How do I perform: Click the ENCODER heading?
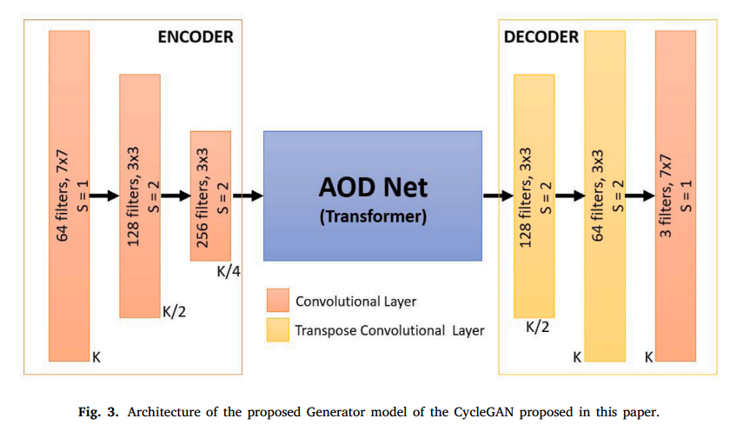point(195,37)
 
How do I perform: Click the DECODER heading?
point(541,37)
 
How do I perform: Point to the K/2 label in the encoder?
point(174,312)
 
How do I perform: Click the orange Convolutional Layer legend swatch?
point(277,302)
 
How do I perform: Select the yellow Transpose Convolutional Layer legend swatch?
point(277,329)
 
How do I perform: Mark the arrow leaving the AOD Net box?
point(497,196)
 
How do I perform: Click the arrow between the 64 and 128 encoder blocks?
point(104,196)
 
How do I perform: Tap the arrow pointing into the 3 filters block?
point(640,196)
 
